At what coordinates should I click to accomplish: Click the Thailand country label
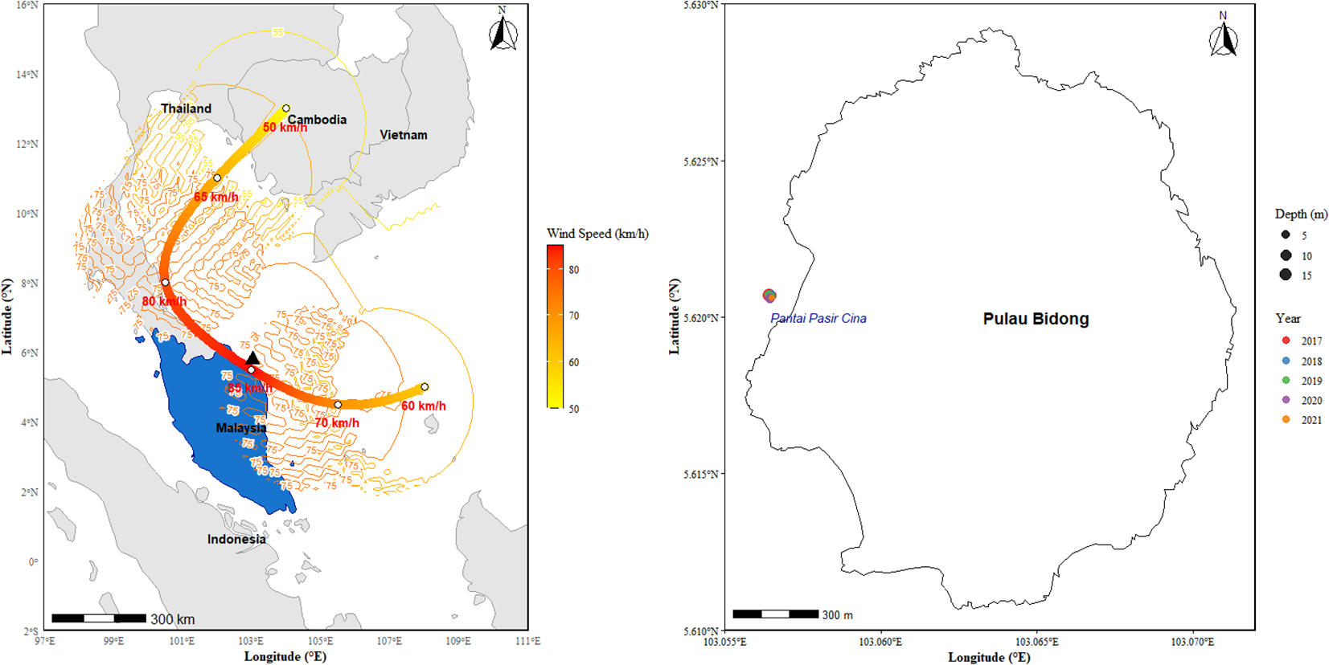pyautogui.click(x=186, y=108)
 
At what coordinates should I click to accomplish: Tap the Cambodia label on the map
pyautogui.click(x=318, y=120)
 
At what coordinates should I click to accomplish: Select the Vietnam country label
pyautogui.click(x=404, y=135)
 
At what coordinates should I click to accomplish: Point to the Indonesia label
pyautogui.click(x=236, y=539)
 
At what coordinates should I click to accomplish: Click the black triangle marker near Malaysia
pyautogui.click(x=252, y=358)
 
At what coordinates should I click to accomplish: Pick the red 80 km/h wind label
pyautogui.click(x=164, y=302)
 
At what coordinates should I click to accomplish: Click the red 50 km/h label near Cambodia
pyautogui.click(x=285, y=128)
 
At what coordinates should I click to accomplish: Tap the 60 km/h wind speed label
pyautogui.click(x=424, y=406)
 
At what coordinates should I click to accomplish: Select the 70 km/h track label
pyautogui.click(x=337, y=422)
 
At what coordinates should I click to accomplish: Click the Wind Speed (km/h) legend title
pyautogui.click(x=597, y=234)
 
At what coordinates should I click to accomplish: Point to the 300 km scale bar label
pyautogui.click(x=173, y=619)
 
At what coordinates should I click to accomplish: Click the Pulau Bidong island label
pyautogui.click(x=1036, y=319)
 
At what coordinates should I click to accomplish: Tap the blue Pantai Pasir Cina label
pyautogui.click(x=818, y=318)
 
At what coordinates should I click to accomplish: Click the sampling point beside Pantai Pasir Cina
pyautogui.click(x=769, y=296)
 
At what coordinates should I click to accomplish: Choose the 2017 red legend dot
pyautogui.click(x=1286, y=341)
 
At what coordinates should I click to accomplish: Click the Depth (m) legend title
pyautogui.click(x=1301, y=214)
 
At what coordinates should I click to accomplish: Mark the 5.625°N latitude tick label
pyautogui.click(x=700, y=161)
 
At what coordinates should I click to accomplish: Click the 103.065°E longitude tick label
pyautogui.click(x=1036, y=642)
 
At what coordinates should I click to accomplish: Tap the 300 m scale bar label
pyautogui.click(x=837, y=615)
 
